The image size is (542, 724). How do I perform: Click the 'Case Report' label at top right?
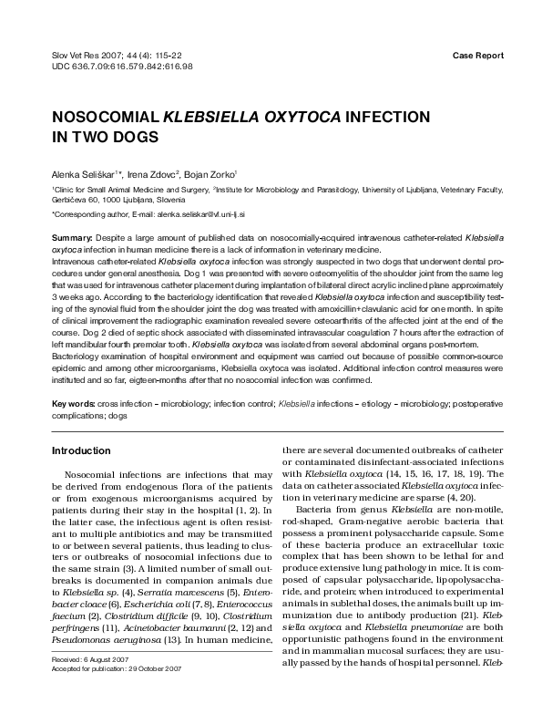tap(477, 56)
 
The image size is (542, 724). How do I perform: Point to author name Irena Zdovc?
tap(150, 173)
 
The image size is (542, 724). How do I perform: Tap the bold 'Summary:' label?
tap(73, 237)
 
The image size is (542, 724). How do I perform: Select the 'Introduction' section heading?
tap(81, 450)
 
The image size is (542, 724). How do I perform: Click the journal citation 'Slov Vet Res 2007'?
tap(91, 56)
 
